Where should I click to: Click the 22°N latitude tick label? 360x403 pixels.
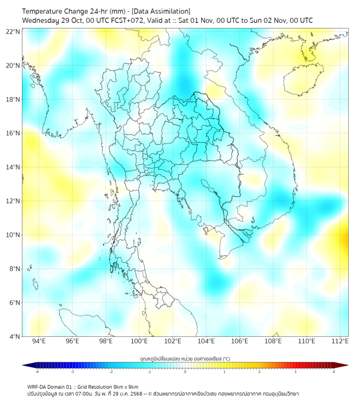(13, 31)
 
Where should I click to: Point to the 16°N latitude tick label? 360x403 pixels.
(13, 133)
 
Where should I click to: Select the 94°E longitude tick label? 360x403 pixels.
(39, 341)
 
